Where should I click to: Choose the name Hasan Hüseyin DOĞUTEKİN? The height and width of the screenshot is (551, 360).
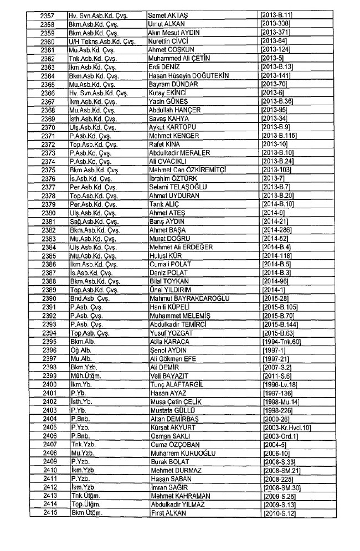click(x=189, y=76)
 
